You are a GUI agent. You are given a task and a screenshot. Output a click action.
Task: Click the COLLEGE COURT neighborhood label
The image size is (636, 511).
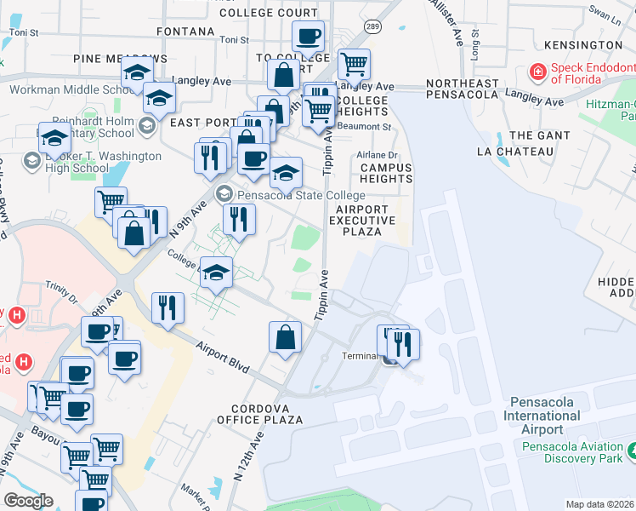click(268, 13)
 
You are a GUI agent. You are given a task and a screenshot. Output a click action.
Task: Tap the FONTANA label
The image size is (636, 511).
click(186, 32)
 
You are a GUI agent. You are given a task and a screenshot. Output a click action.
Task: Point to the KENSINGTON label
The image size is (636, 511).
click(586, 44)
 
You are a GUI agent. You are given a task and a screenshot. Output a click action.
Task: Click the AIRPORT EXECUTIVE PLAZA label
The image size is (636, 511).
click(366, 221)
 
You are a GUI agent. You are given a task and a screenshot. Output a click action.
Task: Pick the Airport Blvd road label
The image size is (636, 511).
click(222, 358)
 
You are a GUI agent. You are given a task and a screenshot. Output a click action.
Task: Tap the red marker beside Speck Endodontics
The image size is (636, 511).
click(537, 72)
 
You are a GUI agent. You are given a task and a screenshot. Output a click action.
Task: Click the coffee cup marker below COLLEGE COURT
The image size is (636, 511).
click(307, 37)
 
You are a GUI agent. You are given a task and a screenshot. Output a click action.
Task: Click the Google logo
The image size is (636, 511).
click(28, 502)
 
